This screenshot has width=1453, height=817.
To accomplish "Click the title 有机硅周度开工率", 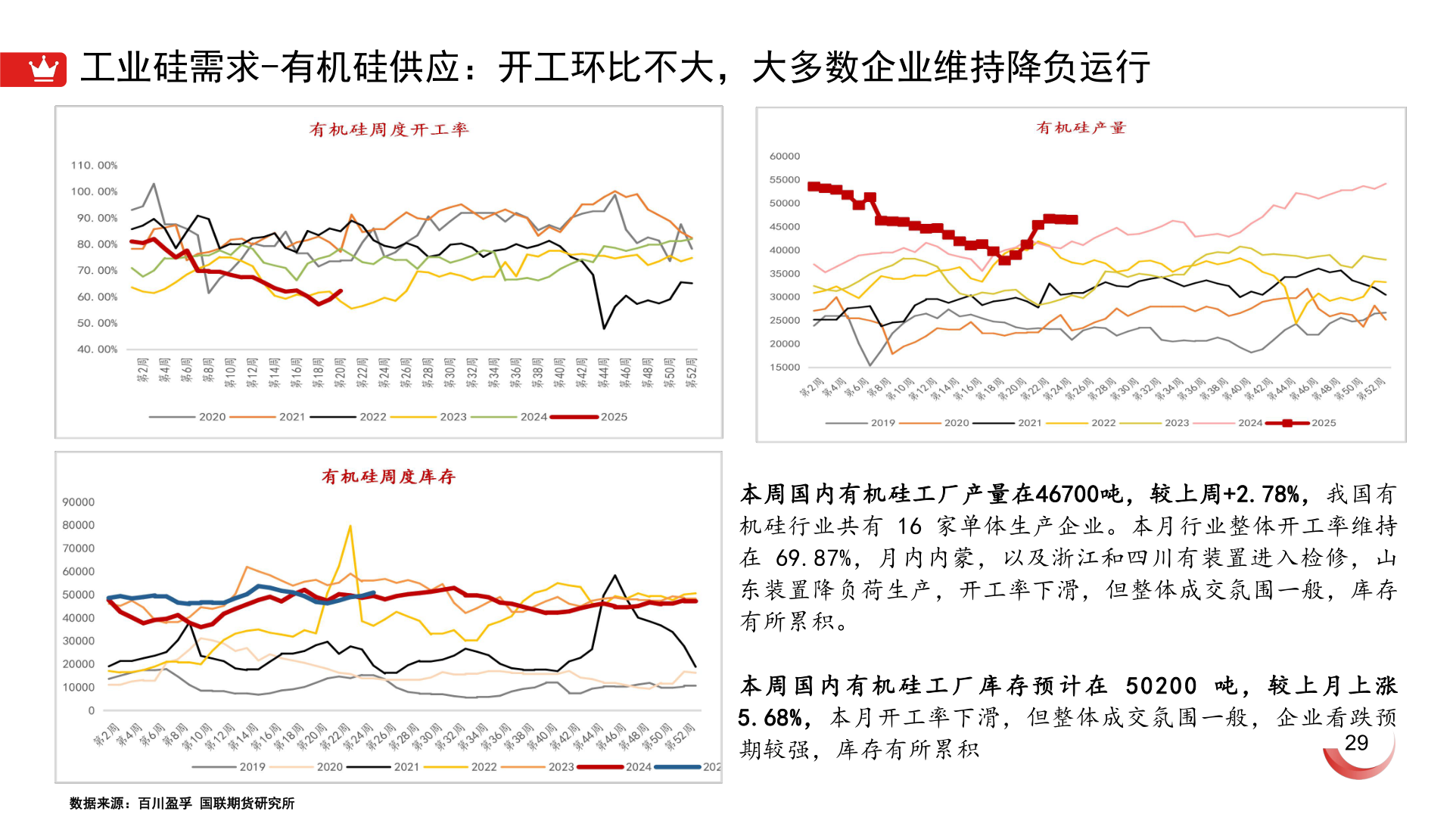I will pyautogui.click(x=389, y=129).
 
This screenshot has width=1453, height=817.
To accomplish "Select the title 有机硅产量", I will pyautogui.click(x=1081, y=128).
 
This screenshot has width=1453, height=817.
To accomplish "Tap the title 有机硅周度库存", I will pyautogui.click(x=388, y=477).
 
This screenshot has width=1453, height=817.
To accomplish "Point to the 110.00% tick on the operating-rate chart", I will pyautogui.click(x=94, y=165).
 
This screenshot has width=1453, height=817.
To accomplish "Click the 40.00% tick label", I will pyautogui.click(x=97, y=349).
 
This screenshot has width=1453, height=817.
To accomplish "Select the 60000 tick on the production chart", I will pyautogui.click(x=784, y=157).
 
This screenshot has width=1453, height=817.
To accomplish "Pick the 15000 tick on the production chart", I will pyautogui.click(x=784, y=368).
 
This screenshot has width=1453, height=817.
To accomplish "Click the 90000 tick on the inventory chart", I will pyautogui.click(x=79, y=502).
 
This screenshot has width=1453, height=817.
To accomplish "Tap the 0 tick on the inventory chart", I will pyautogui.click(x=92, y=711).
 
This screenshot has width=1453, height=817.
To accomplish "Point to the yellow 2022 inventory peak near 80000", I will pyautogui.click(x=350, y=526).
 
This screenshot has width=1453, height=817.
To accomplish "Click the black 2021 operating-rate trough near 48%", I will pyautogui.click(x=604, y=328).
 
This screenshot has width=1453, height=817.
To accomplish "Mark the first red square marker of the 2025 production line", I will pyautogui.click(x=814, y=186).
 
